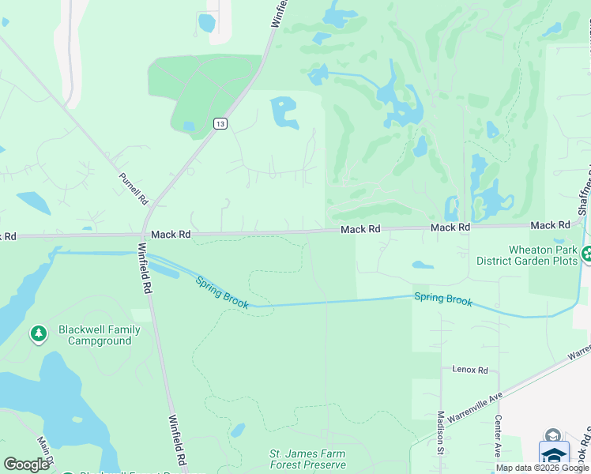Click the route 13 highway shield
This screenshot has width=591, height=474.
(220, 122)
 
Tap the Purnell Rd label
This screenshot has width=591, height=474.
(134, 190)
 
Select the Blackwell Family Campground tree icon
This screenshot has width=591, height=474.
(38, 334)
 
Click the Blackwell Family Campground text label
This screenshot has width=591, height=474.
(99, 335)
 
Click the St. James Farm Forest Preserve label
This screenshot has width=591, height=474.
(307, 459)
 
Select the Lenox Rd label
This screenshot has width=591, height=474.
(470, 370)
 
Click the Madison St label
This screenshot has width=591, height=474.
(441, 432)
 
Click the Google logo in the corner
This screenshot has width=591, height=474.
(27, 465)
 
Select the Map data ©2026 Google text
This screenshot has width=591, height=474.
(542, 468)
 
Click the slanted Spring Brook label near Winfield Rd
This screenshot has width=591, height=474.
(222, 292)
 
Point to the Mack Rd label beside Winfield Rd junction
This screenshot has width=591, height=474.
(171, 235)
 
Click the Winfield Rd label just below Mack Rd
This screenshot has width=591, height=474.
(145, 268)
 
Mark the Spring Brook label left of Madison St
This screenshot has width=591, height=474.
(443, 299)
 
